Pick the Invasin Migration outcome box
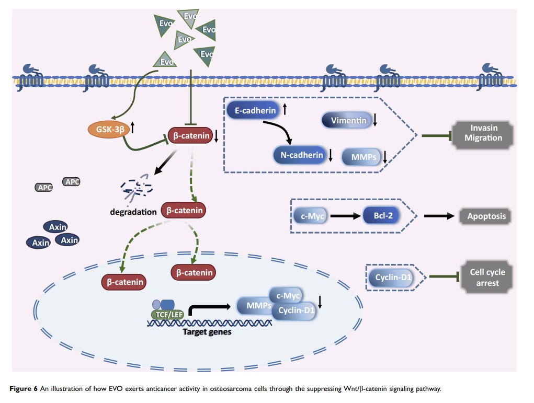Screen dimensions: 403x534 click(483, 133)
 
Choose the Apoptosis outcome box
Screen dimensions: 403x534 click(484, 216)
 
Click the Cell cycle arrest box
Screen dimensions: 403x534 click(484, 277)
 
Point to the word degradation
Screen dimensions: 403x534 click(133, 212)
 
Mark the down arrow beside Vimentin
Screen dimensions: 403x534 click(375, 121)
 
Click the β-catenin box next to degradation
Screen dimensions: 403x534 click(183, 211)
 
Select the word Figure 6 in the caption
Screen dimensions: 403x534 click(25, 388)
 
